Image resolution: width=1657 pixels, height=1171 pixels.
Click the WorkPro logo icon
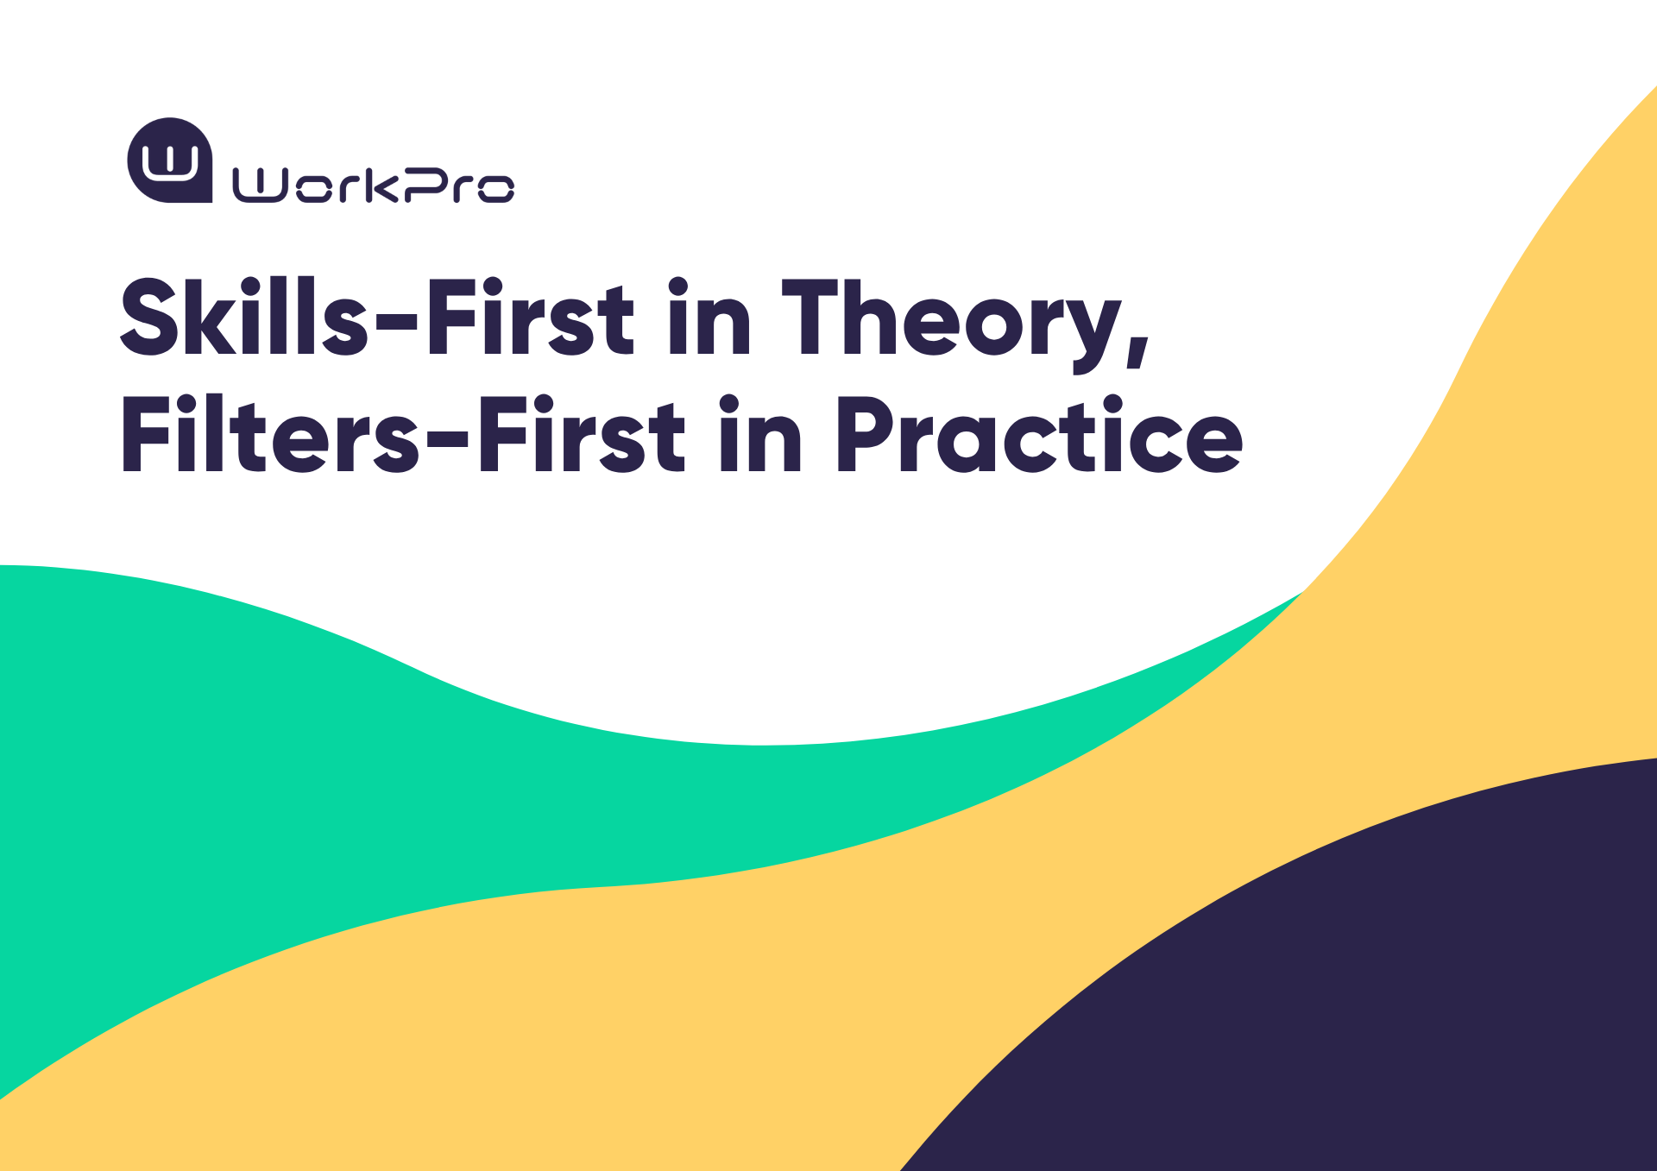coord(170,161)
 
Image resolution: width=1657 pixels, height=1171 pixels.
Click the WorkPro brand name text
coord(374,186)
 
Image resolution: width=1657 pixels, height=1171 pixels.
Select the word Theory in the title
coord(965,324)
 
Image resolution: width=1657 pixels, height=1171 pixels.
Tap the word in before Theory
coord(709,317)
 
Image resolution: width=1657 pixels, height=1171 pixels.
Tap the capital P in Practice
coord(866,435)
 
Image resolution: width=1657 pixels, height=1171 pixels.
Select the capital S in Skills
coord(149,317)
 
